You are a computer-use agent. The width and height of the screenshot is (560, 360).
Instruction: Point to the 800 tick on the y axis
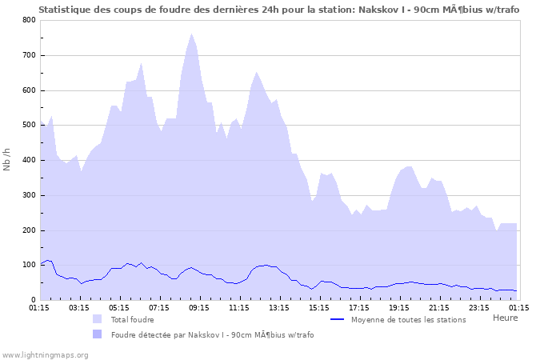[29, 20]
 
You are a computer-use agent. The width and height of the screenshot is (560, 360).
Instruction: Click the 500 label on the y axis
[29, 126]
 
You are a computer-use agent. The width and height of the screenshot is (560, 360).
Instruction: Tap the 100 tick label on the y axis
[29, 266]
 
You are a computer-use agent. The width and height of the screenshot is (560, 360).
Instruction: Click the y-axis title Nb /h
[7, 160]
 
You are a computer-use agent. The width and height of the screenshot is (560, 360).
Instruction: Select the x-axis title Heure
[505, 318]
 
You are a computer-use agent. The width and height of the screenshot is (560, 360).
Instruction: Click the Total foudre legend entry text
[133, 320]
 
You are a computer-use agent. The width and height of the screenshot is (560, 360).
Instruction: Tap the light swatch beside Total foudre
[98, 320]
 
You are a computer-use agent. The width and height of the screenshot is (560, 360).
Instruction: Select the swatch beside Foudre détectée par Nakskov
[98, 334]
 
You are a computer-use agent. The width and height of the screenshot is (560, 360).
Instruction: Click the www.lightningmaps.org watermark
[45, 354]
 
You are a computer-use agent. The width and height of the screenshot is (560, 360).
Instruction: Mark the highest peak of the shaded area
[191, 34]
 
